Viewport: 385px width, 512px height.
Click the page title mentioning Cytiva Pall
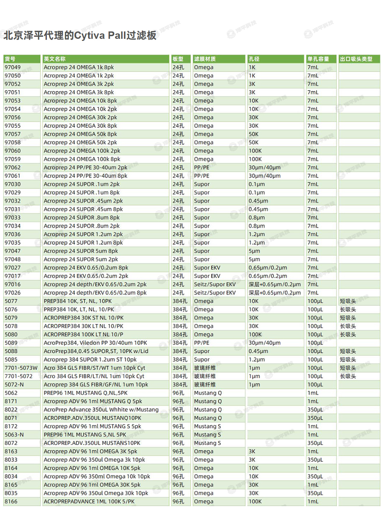(x=80, y=35)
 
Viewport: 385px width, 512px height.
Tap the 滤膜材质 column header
(x=205, y=59)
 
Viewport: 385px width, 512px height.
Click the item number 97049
(x=13, y=67)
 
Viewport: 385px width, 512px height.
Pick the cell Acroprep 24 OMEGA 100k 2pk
(x=82, y=151)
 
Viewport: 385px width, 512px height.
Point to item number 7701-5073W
(x=21, y=368)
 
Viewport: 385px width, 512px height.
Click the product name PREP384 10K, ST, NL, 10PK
(x=78, y=301)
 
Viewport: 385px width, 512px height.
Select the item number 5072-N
(x=14, y=385)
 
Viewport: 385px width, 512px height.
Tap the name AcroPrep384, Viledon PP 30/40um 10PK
(x=95, y=343)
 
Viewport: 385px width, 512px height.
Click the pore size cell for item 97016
(x=274, y=284)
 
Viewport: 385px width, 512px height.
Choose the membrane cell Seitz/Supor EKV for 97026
(x=215, y=293)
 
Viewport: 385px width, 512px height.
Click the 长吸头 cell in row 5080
(x=348, y=334)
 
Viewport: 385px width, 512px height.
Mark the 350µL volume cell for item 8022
(x=315, y=410)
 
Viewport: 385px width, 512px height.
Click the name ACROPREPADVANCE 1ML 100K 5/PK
(x=89, y=501)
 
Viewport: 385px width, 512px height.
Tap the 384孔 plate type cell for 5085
(x=180, y=359)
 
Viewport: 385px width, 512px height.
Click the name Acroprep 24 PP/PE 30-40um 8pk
(x=86, y=176)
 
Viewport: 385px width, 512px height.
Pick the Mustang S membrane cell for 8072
(x=207, y=443)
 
